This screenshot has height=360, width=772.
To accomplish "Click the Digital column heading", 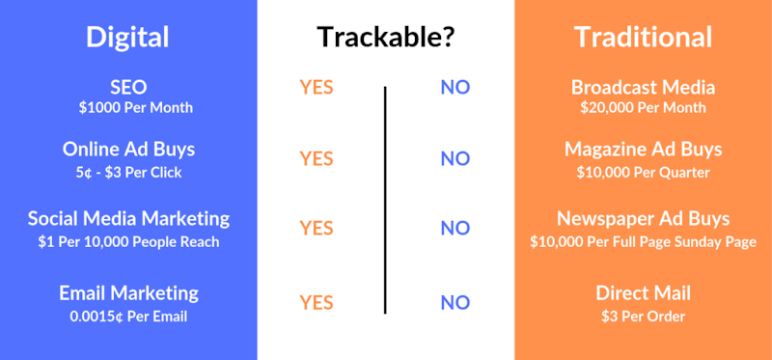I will click(128, 37).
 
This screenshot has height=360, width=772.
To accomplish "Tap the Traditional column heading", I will click(643, 37).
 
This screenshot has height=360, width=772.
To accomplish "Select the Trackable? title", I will click(386, 38).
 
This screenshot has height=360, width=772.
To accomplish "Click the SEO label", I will click(128, 87).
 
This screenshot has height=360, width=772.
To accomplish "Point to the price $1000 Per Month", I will click(128, 107).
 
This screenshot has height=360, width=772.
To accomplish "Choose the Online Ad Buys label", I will click(128, 150).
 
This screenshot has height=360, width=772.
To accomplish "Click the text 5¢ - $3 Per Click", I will click(128, 172).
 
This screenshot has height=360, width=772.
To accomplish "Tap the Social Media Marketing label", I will click(128, 218).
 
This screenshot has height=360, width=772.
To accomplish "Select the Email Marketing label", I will click(128, 292).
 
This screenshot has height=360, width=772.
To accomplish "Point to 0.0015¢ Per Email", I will click(128, 316).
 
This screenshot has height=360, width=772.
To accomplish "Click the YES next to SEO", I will click(317, 88).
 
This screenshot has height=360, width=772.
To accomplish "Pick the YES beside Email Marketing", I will click(317, 303).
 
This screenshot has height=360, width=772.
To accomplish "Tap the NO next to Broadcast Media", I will click(455, 88).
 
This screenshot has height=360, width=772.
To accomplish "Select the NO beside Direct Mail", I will click(455, 303).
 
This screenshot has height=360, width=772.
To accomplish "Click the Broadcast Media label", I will click(643, 87).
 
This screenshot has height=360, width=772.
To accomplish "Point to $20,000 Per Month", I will click(643, 107).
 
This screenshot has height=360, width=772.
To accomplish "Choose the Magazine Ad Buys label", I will click(643, 150).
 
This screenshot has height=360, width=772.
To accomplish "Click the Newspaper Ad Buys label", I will click(643, 218).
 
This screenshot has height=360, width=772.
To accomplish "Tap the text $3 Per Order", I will click(643, 316).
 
